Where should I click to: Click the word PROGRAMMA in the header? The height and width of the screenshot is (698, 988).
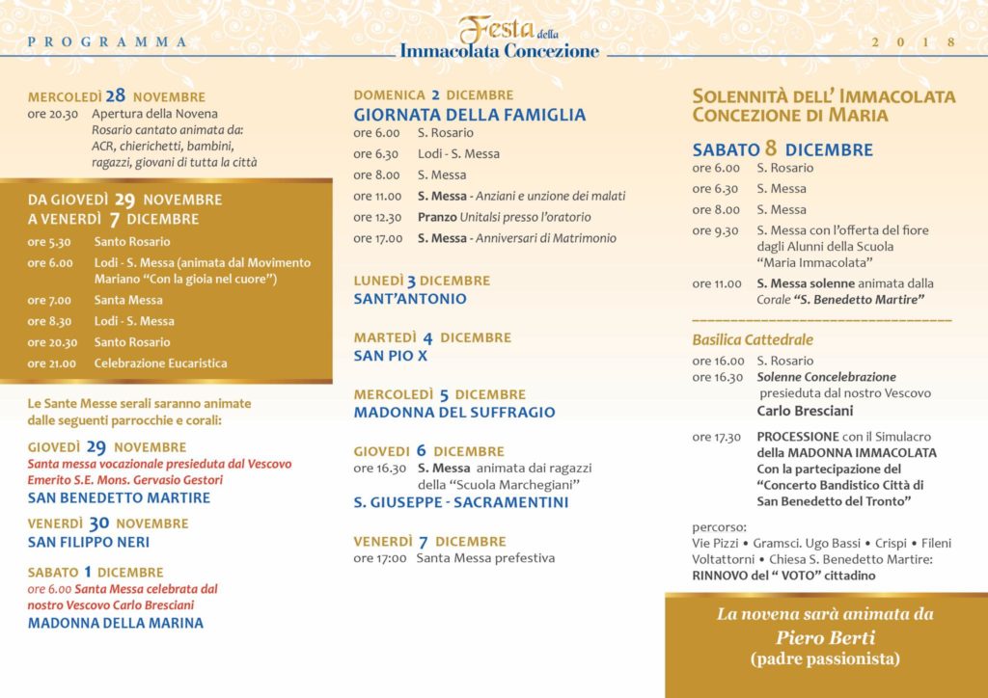click(108, 41)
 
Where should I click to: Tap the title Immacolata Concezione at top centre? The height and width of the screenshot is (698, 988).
click(499, 51)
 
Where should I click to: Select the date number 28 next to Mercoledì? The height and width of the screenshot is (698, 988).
click(116, 95)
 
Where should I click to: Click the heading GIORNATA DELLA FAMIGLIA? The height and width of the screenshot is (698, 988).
click(469, 115)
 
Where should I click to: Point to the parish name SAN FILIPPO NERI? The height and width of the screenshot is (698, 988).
click(89, 543)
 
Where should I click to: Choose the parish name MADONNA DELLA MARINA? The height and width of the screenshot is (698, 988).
click(116, 623)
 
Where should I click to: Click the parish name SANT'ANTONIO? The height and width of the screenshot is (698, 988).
click(410, 299)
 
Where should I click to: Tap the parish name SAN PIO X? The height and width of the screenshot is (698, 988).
click(390, 356)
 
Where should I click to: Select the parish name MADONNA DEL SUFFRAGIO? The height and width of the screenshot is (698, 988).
click(454, 413)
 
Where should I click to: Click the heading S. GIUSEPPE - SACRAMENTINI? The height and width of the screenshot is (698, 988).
click(461, 502)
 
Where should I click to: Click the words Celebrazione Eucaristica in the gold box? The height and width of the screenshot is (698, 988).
click(160, 363)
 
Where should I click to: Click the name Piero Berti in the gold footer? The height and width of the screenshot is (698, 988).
click(825, 637)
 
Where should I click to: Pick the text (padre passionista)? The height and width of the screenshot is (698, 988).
click(825, 659)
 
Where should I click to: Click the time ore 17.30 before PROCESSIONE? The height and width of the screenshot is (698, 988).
click(717, 437)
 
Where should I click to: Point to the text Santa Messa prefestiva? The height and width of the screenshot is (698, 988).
click(485, 558)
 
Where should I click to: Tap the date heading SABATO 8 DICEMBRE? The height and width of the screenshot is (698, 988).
click(782, 149)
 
